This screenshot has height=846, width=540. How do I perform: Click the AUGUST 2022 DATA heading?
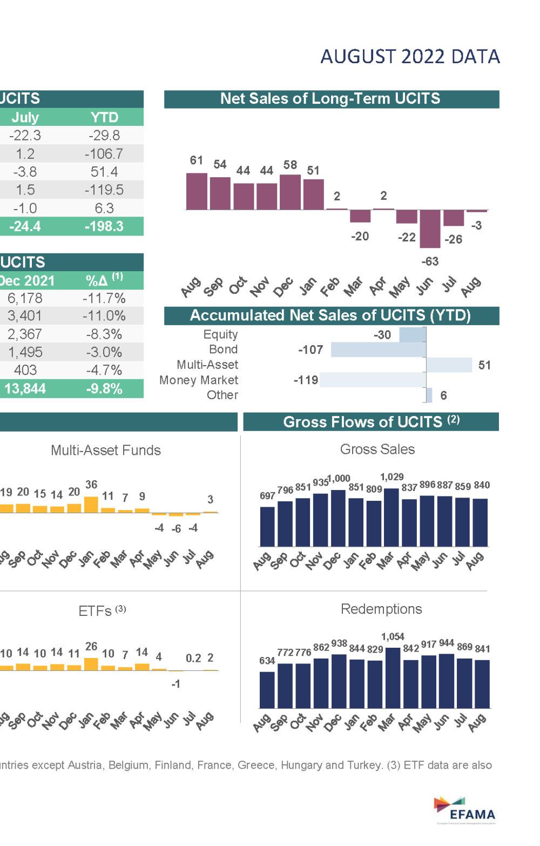(410, 57)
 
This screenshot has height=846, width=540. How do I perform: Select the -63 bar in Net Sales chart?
(430, 229)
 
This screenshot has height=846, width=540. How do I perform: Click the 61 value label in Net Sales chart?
(196, 160)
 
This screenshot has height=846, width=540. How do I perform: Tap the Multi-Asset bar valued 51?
(449, 365)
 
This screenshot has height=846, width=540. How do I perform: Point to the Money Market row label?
(199, 380)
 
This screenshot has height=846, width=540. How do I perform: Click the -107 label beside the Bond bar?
(310, 350)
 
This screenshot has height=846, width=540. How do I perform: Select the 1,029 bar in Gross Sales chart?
(391, 518)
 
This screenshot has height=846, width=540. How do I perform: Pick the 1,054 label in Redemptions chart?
(393, 637)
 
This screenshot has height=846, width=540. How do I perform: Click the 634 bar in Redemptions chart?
(267, 690)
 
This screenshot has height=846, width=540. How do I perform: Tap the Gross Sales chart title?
(377, 449)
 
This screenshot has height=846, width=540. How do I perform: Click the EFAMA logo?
(465, 810)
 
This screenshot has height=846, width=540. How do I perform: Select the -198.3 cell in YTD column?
(104, 226)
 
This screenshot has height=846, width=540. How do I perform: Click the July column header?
(25, 117)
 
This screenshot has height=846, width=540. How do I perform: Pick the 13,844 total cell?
(25, 389)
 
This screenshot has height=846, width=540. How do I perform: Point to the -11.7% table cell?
(104, 298)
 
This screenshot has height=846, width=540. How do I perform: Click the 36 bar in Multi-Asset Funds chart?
(91, 505)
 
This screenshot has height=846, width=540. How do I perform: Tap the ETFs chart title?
(96, 611)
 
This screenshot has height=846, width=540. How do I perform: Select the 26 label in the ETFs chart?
(91, 647)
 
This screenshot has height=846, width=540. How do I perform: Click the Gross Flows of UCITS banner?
(371, 422)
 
